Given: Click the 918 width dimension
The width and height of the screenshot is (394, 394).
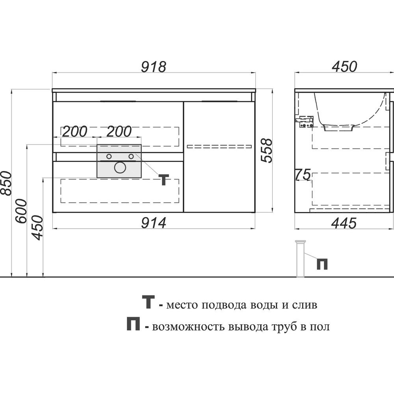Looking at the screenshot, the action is tap(154, 67).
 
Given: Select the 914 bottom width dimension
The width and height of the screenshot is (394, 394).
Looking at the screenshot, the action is tap(154, 223).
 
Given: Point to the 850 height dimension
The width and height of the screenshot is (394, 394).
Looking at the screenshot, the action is tap(6, 183).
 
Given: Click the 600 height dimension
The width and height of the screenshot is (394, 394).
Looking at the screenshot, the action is tap(21, 211).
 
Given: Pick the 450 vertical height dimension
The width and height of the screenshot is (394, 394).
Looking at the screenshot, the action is tap(38, 227).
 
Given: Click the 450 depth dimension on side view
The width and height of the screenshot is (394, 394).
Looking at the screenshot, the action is tap(344, 67).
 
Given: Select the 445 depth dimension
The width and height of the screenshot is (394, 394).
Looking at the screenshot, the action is tap(344, 223).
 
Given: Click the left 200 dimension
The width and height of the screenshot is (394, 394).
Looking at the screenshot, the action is tap(74, 132).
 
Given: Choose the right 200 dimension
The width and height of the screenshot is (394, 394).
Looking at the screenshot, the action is tap(119, 132).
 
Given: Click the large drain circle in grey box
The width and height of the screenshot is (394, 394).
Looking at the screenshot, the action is tap(120, 167).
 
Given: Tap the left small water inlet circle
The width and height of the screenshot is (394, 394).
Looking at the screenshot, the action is tap(109, 156).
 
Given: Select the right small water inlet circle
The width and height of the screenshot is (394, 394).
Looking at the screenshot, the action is tap(131, 156).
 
